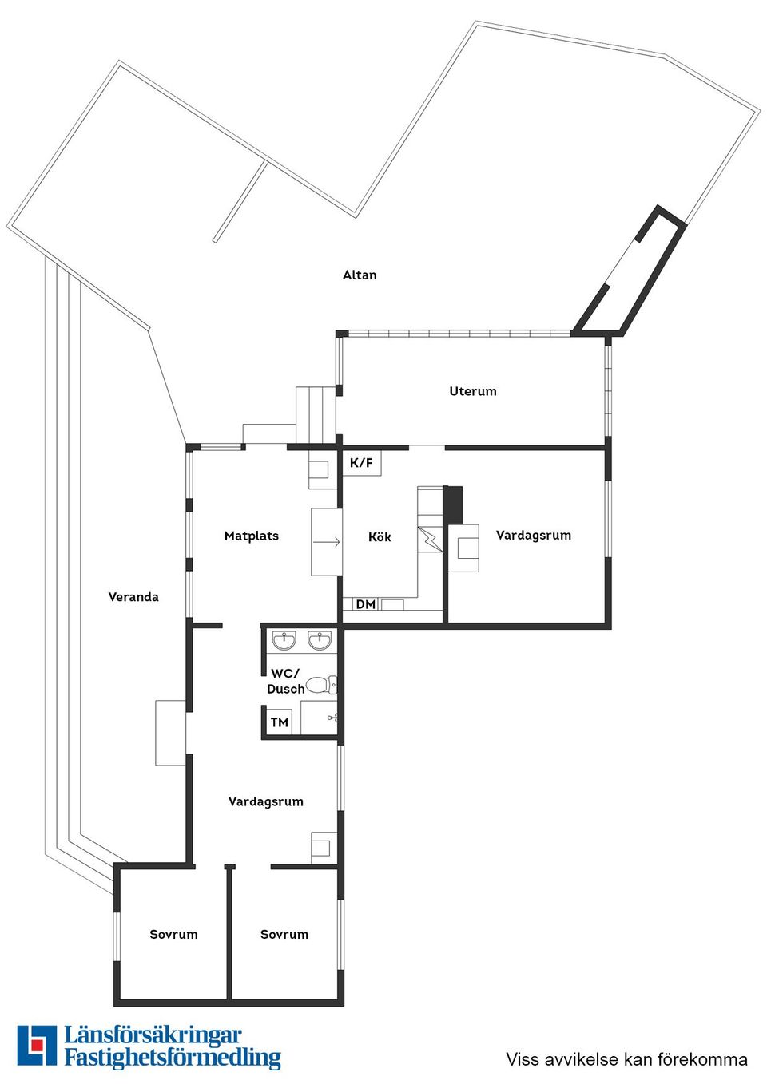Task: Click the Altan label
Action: [x=360, y=275]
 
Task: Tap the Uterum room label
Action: [x=473, y=391]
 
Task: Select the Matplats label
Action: [x=252, y=536]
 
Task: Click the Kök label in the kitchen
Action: [x=380, y=536]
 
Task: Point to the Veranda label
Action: [x=133, y=597]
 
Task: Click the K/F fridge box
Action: [x=362, y=463]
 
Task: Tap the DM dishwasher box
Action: [x=366, y=604]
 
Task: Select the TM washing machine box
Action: [x=280, y=722]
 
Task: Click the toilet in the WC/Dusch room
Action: [x=321, y=685]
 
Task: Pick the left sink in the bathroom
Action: [x=284, y=641]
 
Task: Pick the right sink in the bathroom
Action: [x=320, y=641]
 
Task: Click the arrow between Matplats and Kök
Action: [x=327, y=543]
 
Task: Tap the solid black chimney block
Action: [x=453, y=505]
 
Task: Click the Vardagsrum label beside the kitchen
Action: [x=534, y=536]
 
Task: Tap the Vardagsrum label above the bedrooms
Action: [x=266, y=801]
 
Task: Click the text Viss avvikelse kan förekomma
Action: [x=626, y=1059]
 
